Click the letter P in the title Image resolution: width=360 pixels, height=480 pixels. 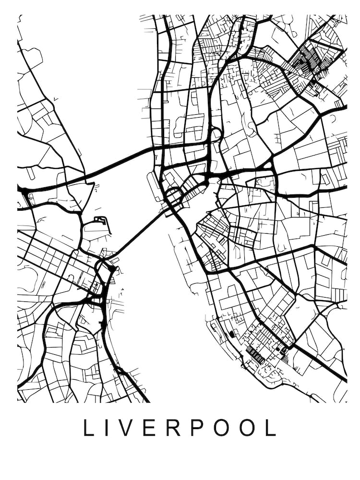[197, 428]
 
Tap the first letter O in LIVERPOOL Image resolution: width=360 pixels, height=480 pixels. [222, 428]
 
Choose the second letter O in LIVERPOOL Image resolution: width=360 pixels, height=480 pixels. [248, 428]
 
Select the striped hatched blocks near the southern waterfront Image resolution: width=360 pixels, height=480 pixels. [255, 356]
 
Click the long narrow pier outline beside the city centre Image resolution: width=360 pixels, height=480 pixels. [155, 187]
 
